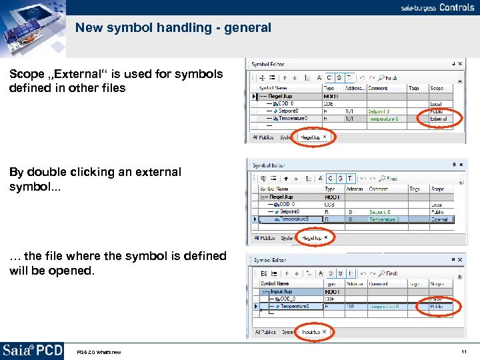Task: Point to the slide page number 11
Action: [463, 352]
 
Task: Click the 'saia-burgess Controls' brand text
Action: [437, 9]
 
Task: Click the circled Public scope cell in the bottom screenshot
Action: [437, 306]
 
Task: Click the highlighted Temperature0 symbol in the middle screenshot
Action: [293, 219]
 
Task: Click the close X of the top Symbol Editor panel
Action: [460, 64]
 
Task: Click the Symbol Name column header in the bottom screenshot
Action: [275, 283]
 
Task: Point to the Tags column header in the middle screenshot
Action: [415, 189]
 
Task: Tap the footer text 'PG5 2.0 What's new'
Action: [99, 352]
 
